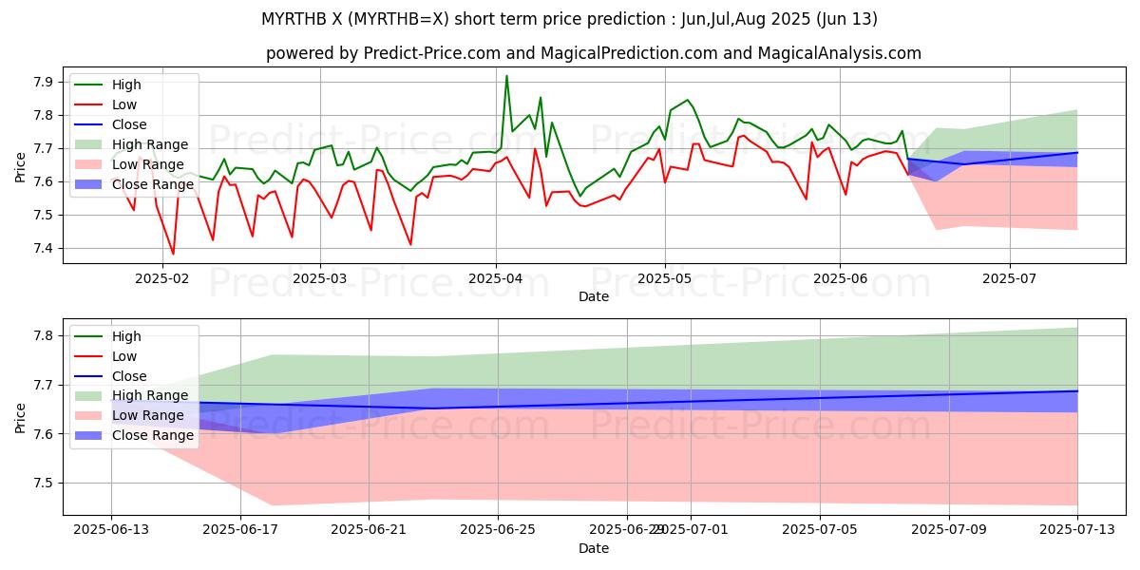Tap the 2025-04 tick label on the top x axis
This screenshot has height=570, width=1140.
point(495,278)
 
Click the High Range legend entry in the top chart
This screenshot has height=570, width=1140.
point(150,144)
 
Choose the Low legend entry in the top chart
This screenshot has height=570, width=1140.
point(124,104)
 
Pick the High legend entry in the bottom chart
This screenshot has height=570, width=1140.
point(126,336)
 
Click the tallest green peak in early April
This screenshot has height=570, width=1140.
point(506,76)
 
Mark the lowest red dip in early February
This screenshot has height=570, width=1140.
point(173,254)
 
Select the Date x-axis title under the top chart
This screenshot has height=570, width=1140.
point(594,296)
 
